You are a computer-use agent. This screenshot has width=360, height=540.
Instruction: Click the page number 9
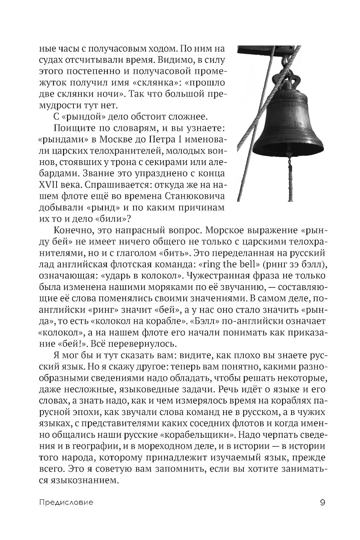323,502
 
